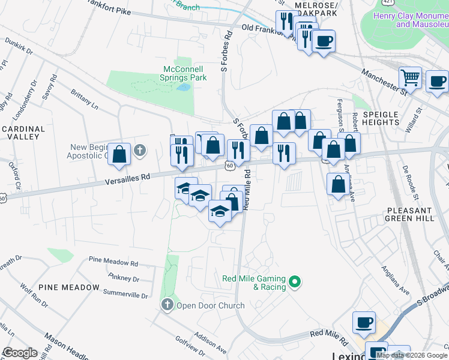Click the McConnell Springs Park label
pos(185,73)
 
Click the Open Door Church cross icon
pos(167,305)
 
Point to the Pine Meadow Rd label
pos(113,262)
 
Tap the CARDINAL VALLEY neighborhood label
pos(23,133)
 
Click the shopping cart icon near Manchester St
pos(411,77)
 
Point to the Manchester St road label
pos(384,81)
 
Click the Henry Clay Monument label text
pos(411,20)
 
